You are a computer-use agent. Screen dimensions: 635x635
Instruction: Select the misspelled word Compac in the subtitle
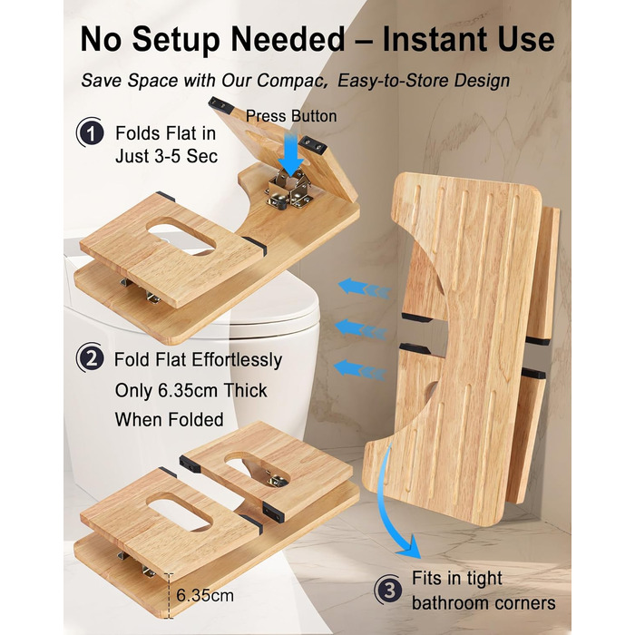291,81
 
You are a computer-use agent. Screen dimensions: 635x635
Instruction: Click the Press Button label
291,116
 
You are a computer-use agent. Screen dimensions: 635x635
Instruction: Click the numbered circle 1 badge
91,132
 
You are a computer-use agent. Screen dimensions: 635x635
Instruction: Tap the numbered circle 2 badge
91,358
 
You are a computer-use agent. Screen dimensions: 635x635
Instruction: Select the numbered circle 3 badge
388,590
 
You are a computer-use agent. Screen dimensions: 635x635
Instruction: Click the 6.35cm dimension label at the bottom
205,595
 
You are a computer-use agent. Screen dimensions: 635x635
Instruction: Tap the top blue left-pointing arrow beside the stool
365,288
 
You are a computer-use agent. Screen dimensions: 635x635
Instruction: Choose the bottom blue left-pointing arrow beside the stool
359,370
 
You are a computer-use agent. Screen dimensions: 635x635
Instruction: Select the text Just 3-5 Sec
166,156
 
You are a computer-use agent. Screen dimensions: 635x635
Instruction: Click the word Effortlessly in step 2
237,359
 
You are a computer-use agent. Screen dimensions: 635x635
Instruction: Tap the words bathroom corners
484,603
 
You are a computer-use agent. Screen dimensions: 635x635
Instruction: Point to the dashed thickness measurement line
171,596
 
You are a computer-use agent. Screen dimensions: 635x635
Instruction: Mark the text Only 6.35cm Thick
190,390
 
